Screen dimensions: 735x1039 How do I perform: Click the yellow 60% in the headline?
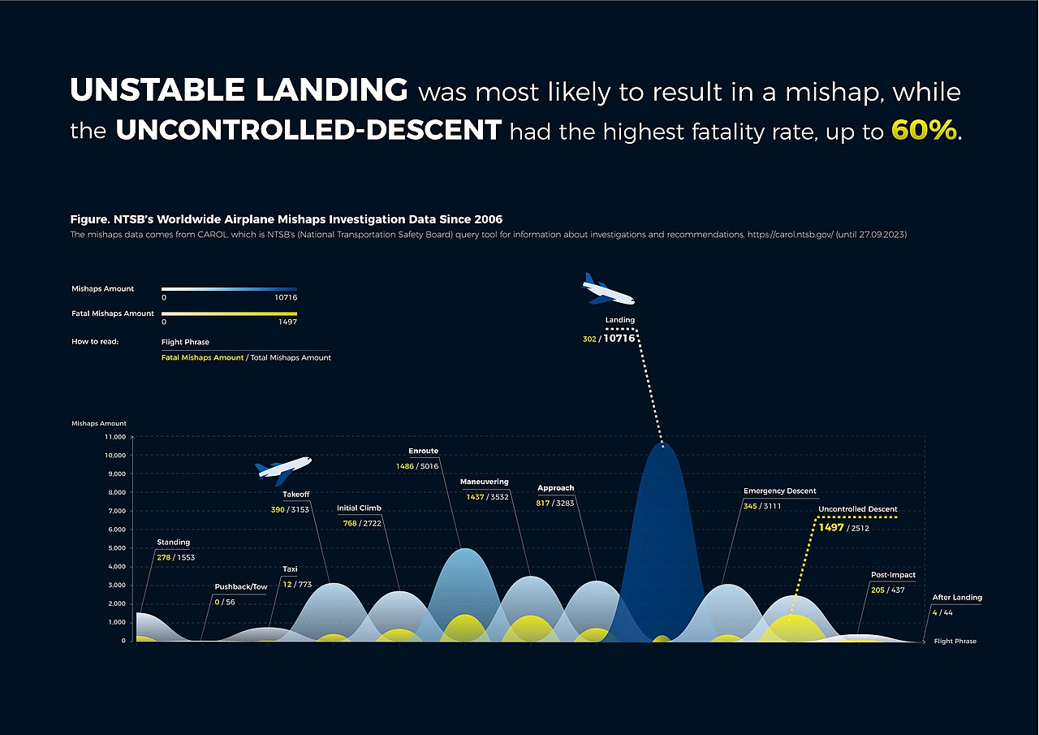[924, 130]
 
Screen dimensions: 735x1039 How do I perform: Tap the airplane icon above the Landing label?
[607, 290]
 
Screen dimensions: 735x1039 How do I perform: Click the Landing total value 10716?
[619, 339]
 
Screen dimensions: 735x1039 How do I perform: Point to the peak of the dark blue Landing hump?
[663, 445]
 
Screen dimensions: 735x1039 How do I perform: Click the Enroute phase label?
[423, 451]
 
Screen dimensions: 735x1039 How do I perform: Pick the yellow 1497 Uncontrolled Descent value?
[831, 528]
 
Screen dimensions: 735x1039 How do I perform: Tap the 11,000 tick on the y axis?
[114, 437]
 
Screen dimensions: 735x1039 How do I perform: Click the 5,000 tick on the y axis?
[117, 548]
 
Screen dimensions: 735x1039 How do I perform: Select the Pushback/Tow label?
[240, 586]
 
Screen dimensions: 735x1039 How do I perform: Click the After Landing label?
[957, 598]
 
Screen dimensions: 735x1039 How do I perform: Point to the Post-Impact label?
[893, 574]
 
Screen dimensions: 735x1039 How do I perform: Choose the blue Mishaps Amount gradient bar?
[229, 289]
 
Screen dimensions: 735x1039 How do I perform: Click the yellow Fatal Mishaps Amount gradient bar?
[229, 313]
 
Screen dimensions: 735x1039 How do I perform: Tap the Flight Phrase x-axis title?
[955, 642]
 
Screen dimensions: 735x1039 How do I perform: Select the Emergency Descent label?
[779, 491]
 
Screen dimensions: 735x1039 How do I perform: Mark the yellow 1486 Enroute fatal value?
[404, 466]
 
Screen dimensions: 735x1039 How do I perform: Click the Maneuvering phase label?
[484, 482]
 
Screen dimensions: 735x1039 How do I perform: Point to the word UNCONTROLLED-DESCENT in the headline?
[308, 130]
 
